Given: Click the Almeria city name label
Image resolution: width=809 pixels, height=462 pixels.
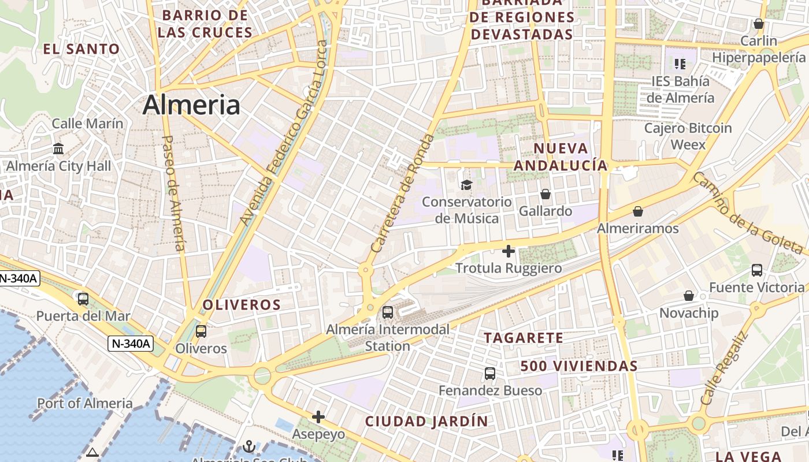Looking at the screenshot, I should [x=191, y=105].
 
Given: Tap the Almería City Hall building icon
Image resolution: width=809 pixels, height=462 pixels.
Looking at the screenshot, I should [x=58, y=149].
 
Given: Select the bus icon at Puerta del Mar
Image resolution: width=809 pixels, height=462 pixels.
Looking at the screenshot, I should [x=83, y=299].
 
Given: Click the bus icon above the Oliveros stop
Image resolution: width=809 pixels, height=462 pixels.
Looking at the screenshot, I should [x=201, y=331].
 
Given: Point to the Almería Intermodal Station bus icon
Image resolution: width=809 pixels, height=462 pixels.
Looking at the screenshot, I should [x=388, y=312].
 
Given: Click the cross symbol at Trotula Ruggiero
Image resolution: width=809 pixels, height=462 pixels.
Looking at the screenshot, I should [x=509, y=251].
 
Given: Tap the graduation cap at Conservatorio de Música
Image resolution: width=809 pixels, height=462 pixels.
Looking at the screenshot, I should [x=466, y=185].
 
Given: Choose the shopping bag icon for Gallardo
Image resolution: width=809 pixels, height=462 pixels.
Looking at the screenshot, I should [x=545, y=194].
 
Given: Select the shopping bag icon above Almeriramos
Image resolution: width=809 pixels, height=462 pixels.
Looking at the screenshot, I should [x=638, y=211].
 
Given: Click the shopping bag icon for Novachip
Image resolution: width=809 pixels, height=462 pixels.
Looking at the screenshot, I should [x=689, y=296].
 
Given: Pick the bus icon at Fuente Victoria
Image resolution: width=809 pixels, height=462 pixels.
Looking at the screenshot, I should [x=757, y=270].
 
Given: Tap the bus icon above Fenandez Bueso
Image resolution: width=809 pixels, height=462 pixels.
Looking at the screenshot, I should [x=490, y=373].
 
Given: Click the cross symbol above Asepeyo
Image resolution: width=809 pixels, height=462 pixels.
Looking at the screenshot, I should [x=318, y=416].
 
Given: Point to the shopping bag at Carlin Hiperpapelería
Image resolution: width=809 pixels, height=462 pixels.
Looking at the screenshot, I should [x=759, y=24].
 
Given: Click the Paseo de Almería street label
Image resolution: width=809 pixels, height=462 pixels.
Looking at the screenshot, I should [x=174, y=193].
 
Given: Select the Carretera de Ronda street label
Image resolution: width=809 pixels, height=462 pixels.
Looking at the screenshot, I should [x=403, y=193].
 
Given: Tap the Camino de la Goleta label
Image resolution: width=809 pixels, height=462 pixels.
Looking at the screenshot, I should [x=748, y=213].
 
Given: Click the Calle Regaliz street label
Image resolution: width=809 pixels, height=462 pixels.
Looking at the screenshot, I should [x=724, y=368].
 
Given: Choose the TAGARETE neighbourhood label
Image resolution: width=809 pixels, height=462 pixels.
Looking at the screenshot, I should [x=523, y=338].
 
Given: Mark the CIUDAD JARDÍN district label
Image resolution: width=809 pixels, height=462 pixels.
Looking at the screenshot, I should [x=426, y=422].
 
